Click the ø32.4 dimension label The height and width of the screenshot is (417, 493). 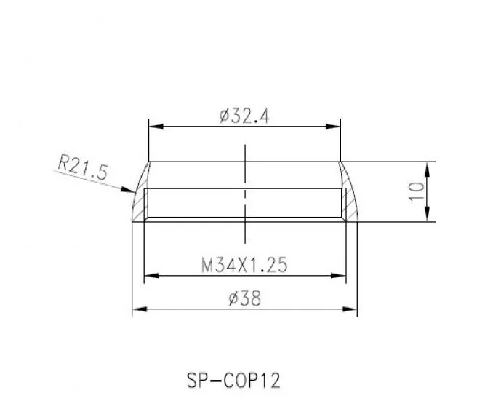(x=244, y=116)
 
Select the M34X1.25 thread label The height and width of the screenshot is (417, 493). (x=244, y=265)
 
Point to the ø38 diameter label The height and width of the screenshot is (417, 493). (x=244, y=298)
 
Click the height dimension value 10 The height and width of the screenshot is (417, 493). (x=417, y=191)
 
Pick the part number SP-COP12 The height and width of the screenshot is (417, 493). (x=233, y=380)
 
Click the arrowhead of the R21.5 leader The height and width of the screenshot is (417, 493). (x=129, y=190)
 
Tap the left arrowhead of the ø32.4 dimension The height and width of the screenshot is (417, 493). (x=156, y=126)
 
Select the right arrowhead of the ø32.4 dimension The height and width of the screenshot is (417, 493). (x=333, y=126)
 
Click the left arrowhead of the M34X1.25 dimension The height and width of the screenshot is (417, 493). (x=151, y=276)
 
